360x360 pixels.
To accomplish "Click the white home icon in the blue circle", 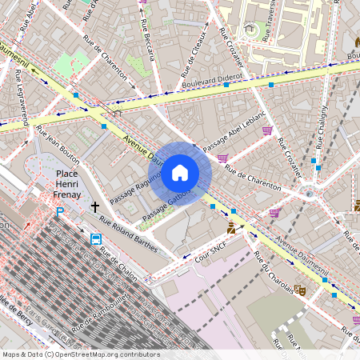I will [180, 173].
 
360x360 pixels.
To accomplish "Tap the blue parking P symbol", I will [59, 212].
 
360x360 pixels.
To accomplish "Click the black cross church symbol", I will [95, 207].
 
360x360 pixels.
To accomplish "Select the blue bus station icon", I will [96, 238].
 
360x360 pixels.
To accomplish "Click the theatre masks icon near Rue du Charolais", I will [300, 289].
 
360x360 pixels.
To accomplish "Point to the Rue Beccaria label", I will [146, 37].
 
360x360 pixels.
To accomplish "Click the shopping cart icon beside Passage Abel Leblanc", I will [267, 130].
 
